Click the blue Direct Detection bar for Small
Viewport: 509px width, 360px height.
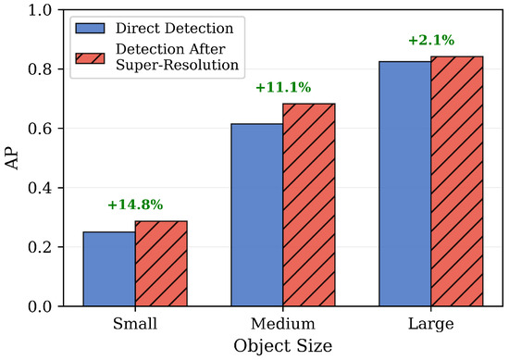coord(109,268)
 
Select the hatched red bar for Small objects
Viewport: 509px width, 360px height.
coord(161,264)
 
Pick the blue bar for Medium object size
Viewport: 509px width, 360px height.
coord(256,215)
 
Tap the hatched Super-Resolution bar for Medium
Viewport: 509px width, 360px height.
coord(309,205)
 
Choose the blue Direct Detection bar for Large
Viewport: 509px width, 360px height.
coord(404,184)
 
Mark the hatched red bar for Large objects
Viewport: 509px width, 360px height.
coord(457,181)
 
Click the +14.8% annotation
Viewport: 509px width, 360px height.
coord(135,205)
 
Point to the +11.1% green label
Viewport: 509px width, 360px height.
coord(283,87)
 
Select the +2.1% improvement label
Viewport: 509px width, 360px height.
coord(431,40)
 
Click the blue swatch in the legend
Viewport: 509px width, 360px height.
coord(90,29)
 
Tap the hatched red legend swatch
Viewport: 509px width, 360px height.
coord(90,58)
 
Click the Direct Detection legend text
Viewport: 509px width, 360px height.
coord(175,29)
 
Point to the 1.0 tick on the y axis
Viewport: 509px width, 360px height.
coord(40,10)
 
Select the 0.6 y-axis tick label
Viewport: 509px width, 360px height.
coord(40,129)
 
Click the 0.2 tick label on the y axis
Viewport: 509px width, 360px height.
coord(40,247)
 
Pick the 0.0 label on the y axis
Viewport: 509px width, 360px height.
coord(40,306)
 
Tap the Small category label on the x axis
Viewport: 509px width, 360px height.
coord(135,324)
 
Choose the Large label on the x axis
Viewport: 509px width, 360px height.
coord(430,324)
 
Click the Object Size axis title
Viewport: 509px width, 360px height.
coord(283,346)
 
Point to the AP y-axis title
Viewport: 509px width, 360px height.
coord(12,158)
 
